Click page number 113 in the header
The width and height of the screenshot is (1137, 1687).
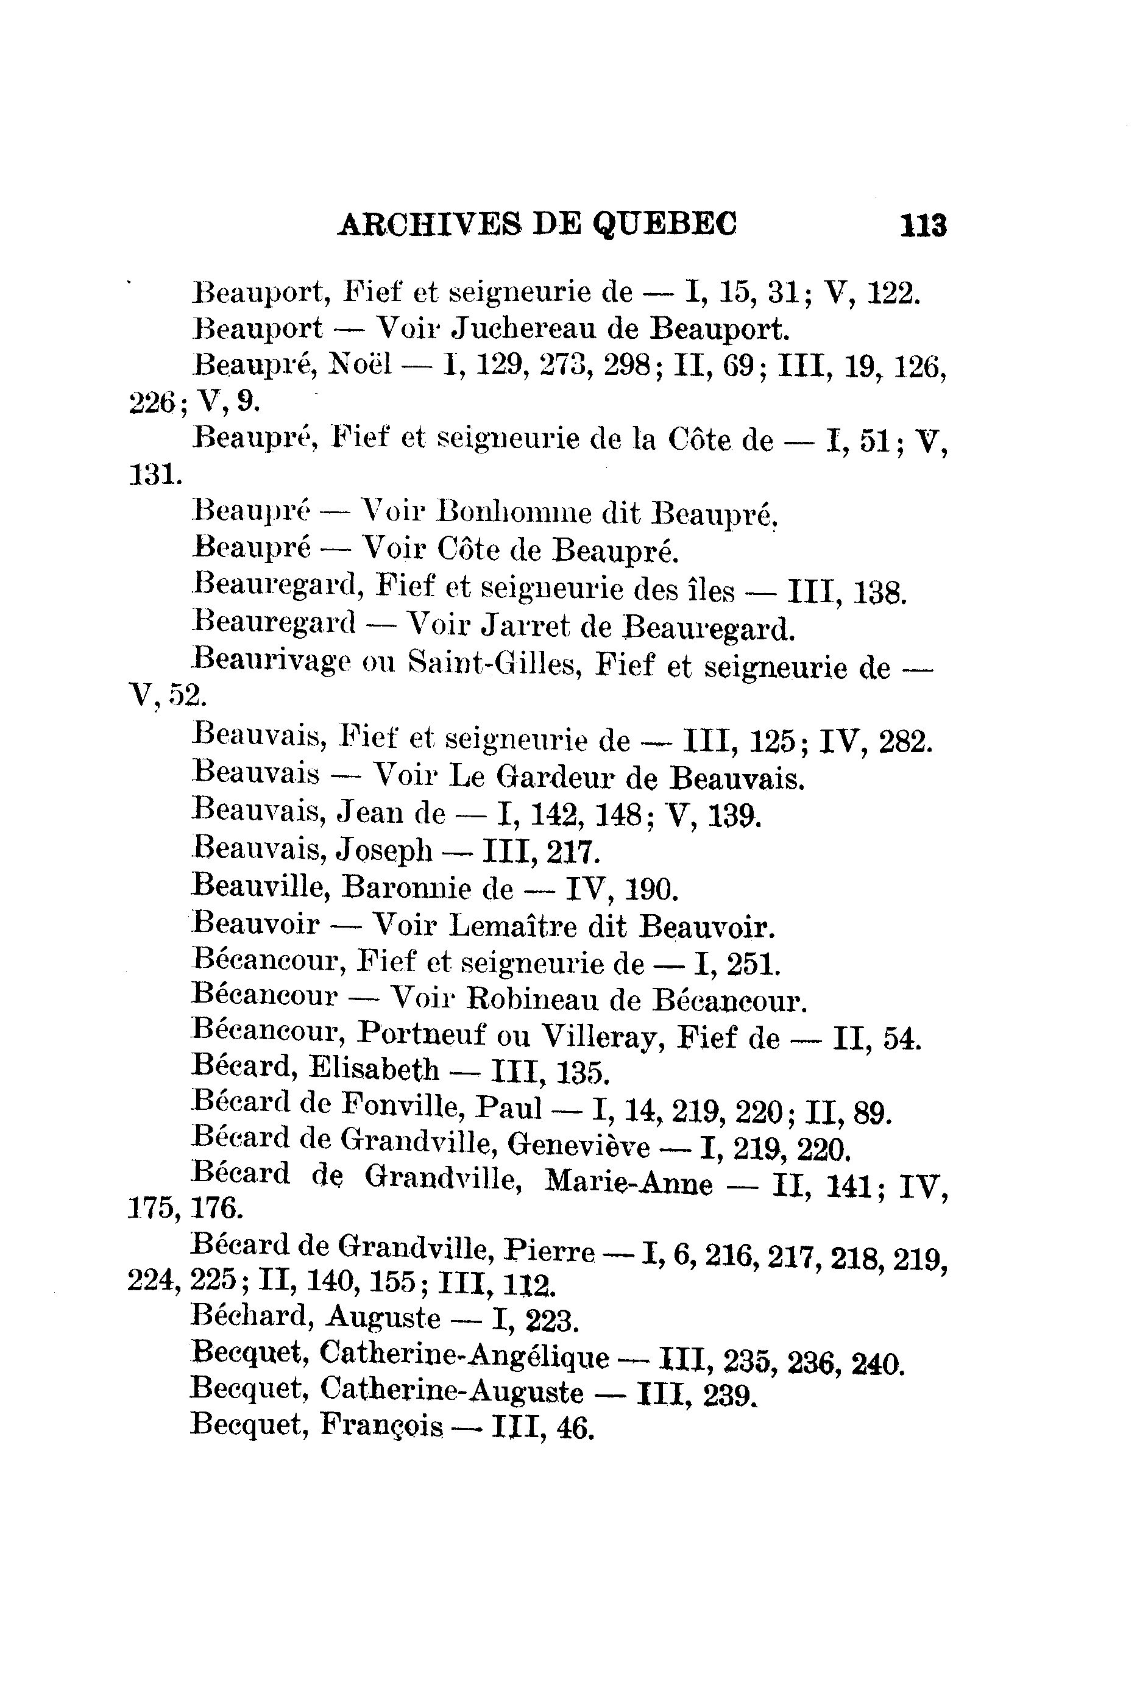[x=923, y=226]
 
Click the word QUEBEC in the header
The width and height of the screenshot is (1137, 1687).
[x=665, y=224]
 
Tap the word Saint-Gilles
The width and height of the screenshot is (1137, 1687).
[x=495, y=661]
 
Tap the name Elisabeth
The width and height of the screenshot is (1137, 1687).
[x=374, y=1069]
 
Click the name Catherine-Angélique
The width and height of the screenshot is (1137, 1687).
[x=463, y=1354]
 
